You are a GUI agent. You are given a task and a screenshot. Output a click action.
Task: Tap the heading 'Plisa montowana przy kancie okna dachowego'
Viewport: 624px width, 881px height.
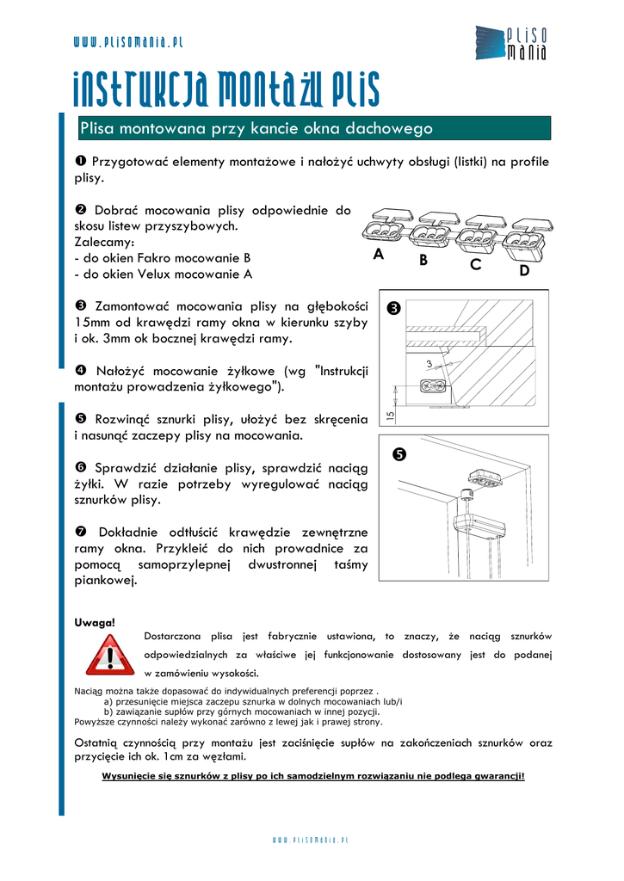pyautogui.click(x=256, y=129)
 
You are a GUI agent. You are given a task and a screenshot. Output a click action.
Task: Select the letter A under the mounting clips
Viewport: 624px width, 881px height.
pyautogui.click(x=379, y=255)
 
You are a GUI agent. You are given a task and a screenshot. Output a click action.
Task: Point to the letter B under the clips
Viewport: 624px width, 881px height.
pyautogui.click(x=423, y=261)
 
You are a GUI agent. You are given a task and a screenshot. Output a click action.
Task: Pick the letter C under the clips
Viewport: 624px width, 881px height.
pyautogui.click(x=475, y=266)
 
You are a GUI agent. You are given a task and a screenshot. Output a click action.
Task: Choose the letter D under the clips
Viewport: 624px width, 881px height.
pyautogui.click(x=525, y=271)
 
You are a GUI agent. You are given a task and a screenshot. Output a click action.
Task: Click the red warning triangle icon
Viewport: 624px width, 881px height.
pyautogui.click(x=109, y=656)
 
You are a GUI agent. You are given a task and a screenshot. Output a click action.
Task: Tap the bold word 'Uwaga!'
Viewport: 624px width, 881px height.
pyautogui.click(x=95, y=621)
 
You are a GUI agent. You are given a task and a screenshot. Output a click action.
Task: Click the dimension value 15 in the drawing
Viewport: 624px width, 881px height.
pyautogui.click(x=390, y=415)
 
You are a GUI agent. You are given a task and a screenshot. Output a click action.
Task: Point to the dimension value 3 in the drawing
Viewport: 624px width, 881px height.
pyautogui.click(x=428, y=366)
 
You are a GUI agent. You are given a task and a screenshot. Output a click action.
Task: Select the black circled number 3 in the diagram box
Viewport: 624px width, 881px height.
pyautogui.click(x=395, y=308)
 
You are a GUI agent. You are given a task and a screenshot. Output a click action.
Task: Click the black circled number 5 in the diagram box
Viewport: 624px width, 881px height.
pyautogui.click(x=398, y=454)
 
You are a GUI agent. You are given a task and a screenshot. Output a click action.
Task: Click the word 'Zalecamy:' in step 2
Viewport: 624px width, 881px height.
pyautogui.click(x=104, y=242)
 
